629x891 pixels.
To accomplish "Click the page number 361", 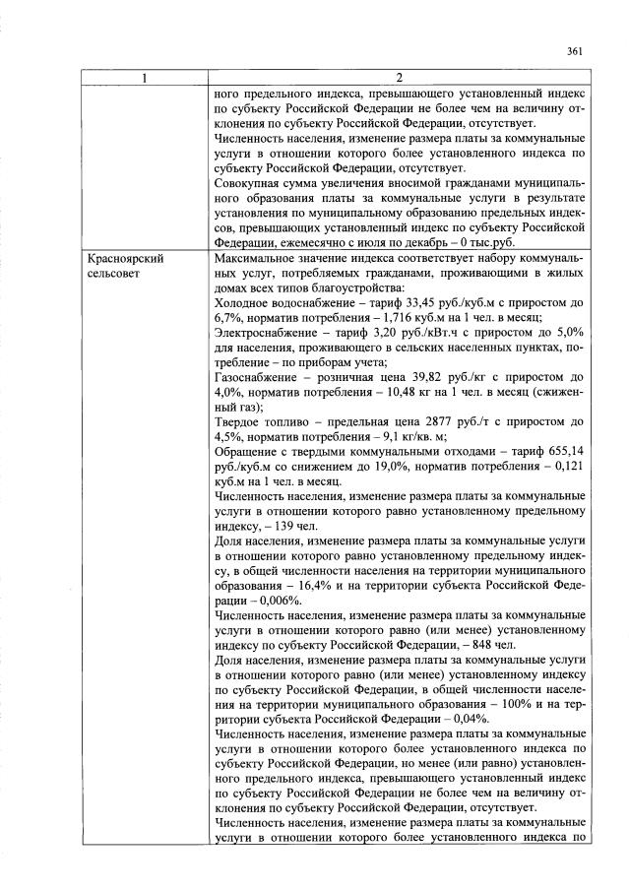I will coord(576,52).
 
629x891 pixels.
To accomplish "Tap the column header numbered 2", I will coord(399,79).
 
